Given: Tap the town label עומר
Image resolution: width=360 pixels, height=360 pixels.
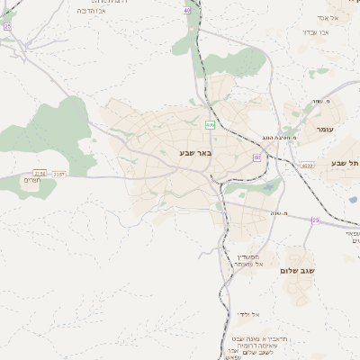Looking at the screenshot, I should (x=325, y=130).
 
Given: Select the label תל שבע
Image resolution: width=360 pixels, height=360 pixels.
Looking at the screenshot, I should (x=344, y=163).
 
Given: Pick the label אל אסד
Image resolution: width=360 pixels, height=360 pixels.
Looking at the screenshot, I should (x=327, y=18).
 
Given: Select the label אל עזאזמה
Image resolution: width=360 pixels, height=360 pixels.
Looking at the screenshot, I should (x=245, y=265).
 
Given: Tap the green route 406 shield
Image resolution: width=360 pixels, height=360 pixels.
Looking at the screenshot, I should (x=210, y=125).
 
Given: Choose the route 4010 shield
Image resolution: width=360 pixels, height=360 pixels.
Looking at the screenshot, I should (x=309, y=165).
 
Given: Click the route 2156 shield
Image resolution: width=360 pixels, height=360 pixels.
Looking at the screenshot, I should (x=40, y=173).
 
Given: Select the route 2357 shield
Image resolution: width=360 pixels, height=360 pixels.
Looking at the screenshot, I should (x=59, y=173).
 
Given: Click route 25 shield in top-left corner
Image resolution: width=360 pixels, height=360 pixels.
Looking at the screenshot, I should (x=7, y=27).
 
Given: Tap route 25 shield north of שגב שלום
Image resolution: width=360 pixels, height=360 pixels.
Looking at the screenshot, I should (x=315, y=220).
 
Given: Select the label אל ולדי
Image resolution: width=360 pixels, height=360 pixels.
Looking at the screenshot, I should (x=248, y=314).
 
